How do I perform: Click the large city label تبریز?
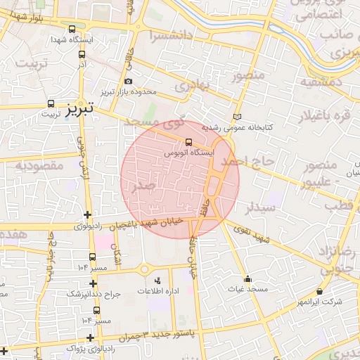point(81,108)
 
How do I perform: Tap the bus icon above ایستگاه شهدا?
point(73,30)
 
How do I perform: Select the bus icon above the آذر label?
point(82,54)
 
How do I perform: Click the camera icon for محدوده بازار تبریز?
point(128,82)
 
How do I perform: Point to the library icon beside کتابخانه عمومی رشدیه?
point(236,117)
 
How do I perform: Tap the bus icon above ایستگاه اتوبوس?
point(187,141)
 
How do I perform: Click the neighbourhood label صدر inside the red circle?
point(143,185)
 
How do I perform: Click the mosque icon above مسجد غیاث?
point(247,278)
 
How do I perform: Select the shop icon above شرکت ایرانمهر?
point(320,291)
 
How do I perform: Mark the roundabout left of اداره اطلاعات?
point(145,269)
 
